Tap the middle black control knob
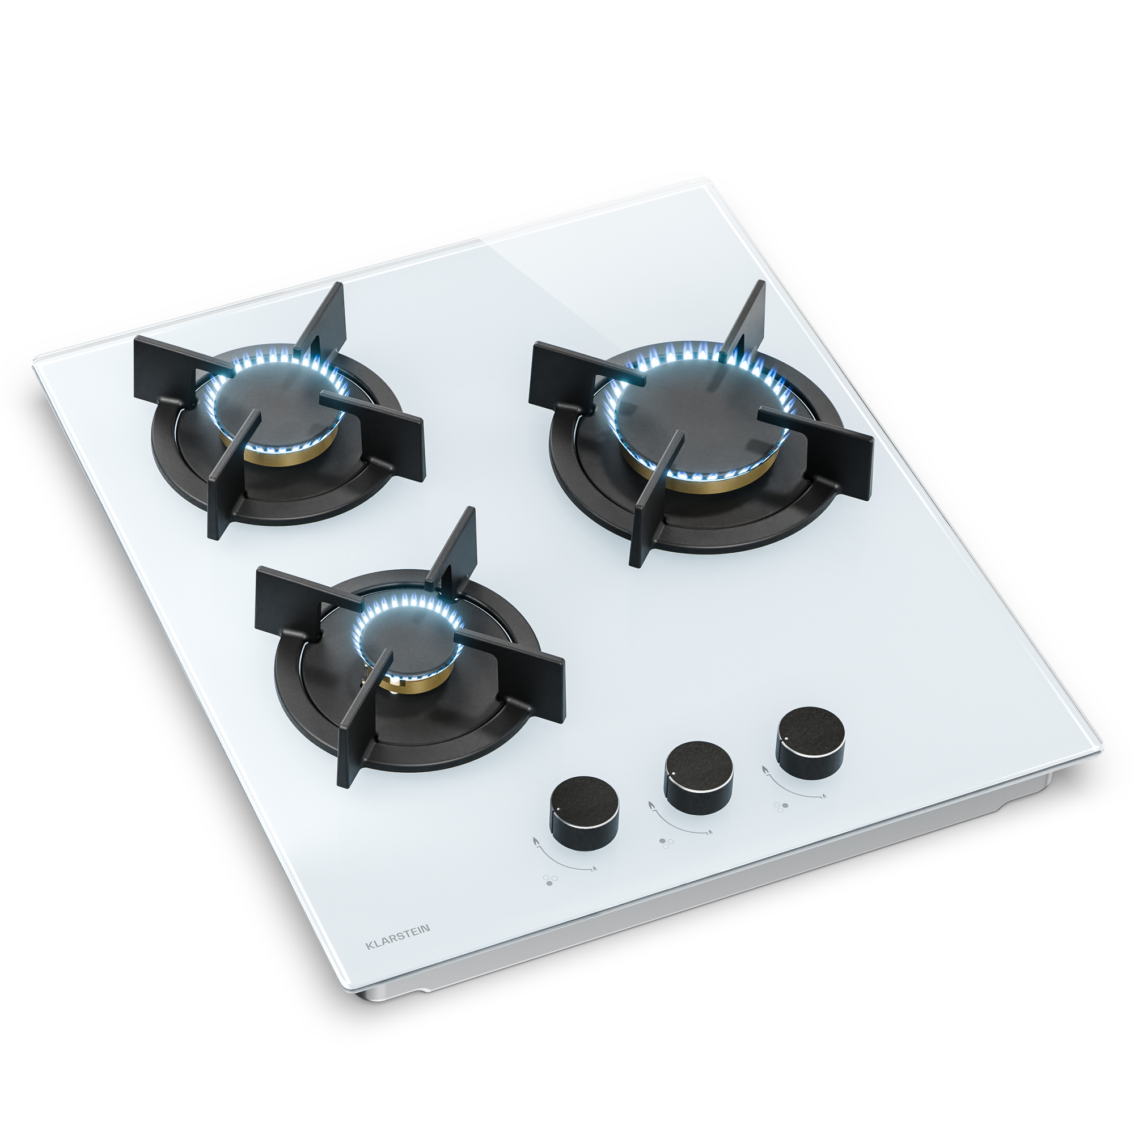pos(699,777)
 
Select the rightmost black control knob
pos(811,743)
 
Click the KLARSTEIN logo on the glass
pos(397,945)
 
